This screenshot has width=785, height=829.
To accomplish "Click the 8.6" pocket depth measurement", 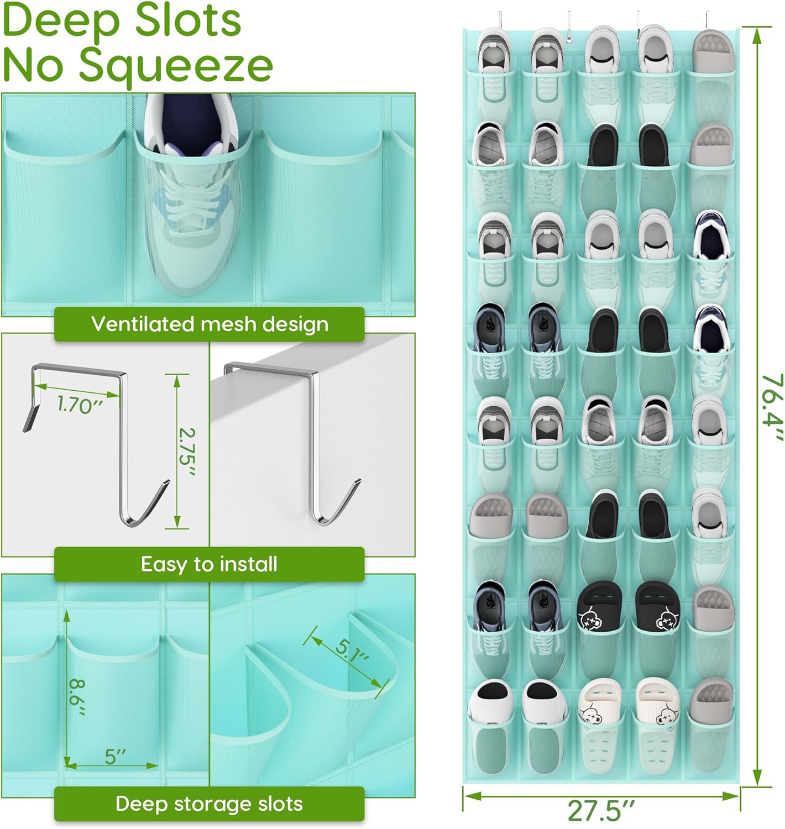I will point(77,697).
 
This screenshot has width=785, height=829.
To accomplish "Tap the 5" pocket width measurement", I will point(115,757).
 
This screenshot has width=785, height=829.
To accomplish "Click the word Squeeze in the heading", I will point(176,65).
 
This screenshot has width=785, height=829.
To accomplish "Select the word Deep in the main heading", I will point(61,21).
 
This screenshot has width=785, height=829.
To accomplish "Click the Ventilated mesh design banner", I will point(209,324).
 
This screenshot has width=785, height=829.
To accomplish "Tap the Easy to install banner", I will point(209,564).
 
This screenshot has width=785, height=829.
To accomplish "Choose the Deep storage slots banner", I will point(209,804).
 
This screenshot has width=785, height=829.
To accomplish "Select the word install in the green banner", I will point(248,564).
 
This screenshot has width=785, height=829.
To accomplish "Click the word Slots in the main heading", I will point(188,21).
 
